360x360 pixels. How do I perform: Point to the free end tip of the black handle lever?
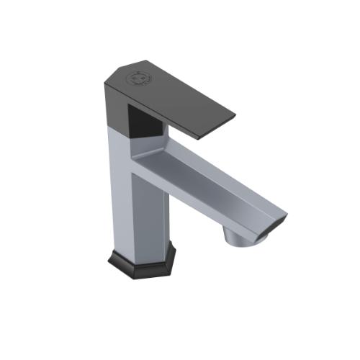coord(232,115)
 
